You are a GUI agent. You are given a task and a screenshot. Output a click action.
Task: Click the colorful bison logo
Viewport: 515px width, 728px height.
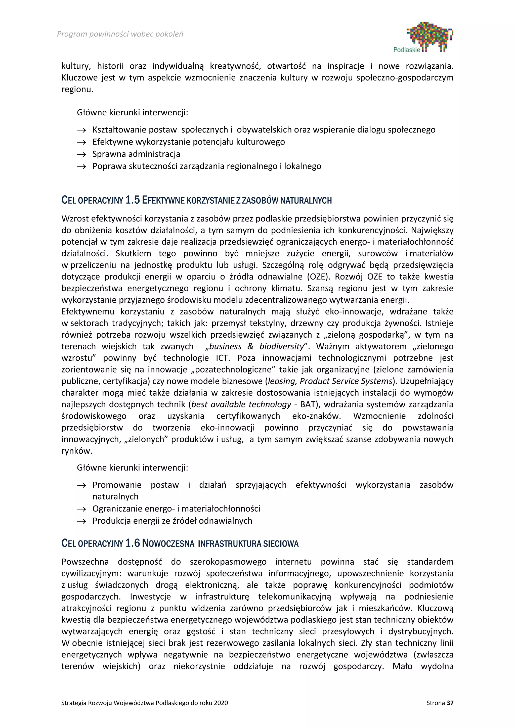click(x=430, y=35)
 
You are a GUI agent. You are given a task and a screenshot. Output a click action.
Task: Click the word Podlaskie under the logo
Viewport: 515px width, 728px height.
click(x=407, y=50)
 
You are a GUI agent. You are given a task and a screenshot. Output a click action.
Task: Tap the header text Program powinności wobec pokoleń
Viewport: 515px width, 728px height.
click(x=120, y=34)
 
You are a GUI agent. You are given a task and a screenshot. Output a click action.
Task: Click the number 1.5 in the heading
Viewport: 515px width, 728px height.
click(x=132, y=200)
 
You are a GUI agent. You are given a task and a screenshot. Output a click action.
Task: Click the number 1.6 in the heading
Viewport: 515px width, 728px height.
click(x=132, y=543)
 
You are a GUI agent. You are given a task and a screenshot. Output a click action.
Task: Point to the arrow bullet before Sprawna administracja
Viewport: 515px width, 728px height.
click(x=81, y=154)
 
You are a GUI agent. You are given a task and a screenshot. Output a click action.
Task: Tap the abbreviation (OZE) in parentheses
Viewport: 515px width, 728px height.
click(x=318, y=277)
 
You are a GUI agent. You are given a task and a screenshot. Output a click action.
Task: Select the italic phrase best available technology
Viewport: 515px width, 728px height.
click(x=241, y=404)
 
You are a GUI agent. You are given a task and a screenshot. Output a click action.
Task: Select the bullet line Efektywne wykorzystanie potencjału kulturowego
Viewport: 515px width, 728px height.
click(x=188, y=142)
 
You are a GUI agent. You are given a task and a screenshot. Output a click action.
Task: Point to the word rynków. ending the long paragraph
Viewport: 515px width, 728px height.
click(x=77, y=451)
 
